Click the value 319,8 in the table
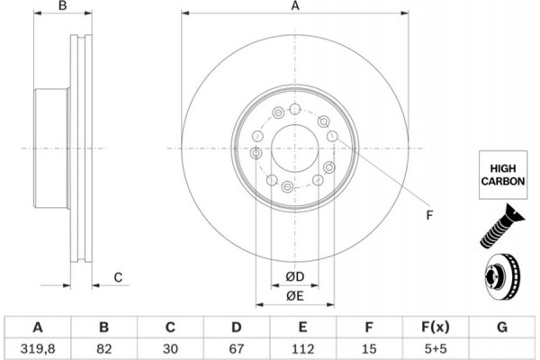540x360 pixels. (x=36, y=346)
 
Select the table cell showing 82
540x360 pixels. (x=103, y=346)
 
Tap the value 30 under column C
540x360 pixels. (x=169, y=346)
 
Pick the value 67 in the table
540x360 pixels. (x=236, y=346)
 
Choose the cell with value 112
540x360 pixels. (x=302, y=346)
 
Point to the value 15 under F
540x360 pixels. (x=369, y=346)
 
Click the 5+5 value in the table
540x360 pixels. (x=436, y=346)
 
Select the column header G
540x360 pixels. (x=502, y=326)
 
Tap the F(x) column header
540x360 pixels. (x=436, y=326)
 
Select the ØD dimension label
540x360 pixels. (x=295, y=274)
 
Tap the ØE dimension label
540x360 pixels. (x=295, y=295)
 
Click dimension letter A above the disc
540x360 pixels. (x=294, y=7)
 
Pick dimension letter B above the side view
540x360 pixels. (x=62, y=7)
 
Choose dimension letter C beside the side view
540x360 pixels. (x=118, y=277)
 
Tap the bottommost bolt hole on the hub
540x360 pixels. (x=287, y=187)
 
